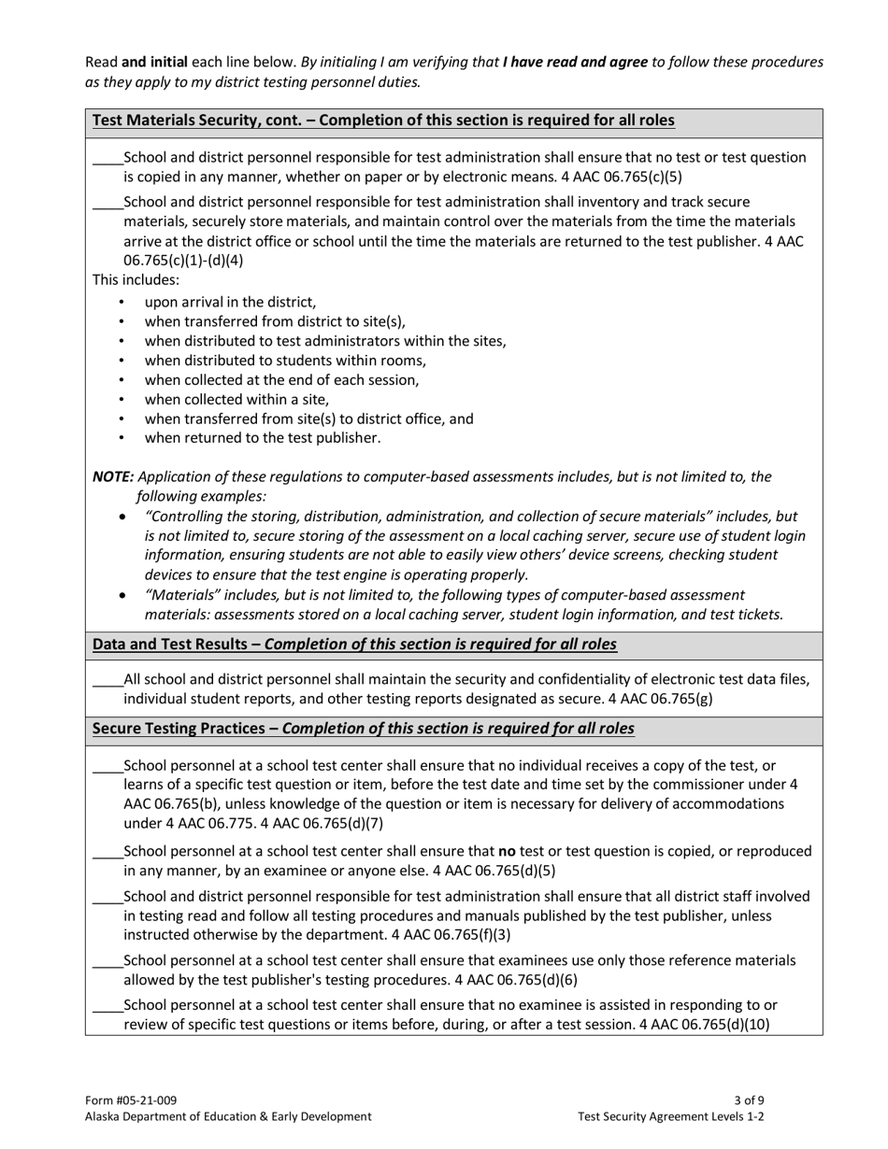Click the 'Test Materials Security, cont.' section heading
[x=383, y=121]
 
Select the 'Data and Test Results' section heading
[x=354, y=645]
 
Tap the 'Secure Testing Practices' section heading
[x=363, y=729]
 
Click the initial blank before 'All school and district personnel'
[x=107, y=680]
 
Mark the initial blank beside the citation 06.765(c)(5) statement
[x=107, y=158]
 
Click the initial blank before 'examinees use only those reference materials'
[x=107, y=961]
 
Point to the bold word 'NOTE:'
[x=112, y=476]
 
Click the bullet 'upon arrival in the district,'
[x=230, y=302]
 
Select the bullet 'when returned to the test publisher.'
[x=262, y=437]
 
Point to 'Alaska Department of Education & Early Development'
[x=228, y=1116]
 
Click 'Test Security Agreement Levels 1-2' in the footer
[x=671, y=1116]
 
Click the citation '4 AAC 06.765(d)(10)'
[x=704, y=1025]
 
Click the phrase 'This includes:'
[x=136, y=279]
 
